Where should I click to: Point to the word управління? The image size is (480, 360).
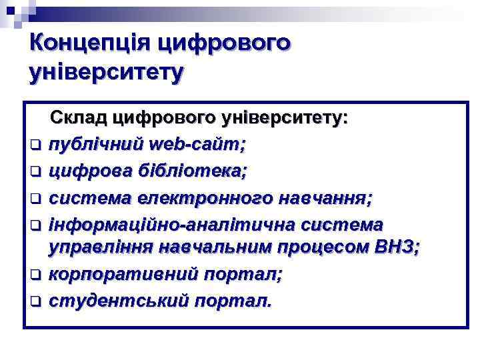101,249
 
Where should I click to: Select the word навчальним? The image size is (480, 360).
217,249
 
